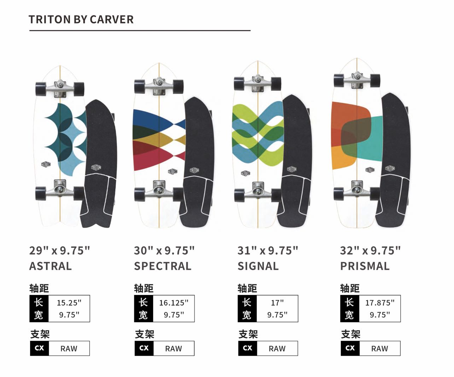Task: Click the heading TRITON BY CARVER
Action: click(x=81, y=19)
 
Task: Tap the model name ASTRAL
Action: click(x=51, y=266)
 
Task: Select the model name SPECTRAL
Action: click(x=163, y=266)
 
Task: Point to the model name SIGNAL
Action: click(x=258, y=266)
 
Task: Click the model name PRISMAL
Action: click(x=365, y=266)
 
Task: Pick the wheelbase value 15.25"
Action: click(x=69, y=303)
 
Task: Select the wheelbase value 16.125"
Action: click(x=174, y=303)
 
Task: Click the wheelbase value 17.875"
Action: click(x=380, y=303)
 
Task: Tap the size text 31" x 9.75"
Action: click(x=268, y=251)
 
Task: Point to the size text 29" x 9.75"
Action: click(x=59, y=251)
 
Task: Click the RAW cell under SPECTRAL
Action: click(x=174, y=349)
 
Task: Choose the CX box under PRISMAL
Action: click(x=350, y=348)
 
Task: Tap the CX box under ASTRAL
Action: click(x=39, y=348)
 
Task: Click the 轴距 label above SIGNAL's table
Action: click(x=247, y=288)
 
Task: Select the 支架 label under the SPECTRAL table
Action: click(x=144, y=334)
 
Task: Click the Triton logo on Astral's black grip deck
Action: click(x=96, y=168)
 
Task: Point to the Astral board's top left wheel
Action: click(x=41, y=89)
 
